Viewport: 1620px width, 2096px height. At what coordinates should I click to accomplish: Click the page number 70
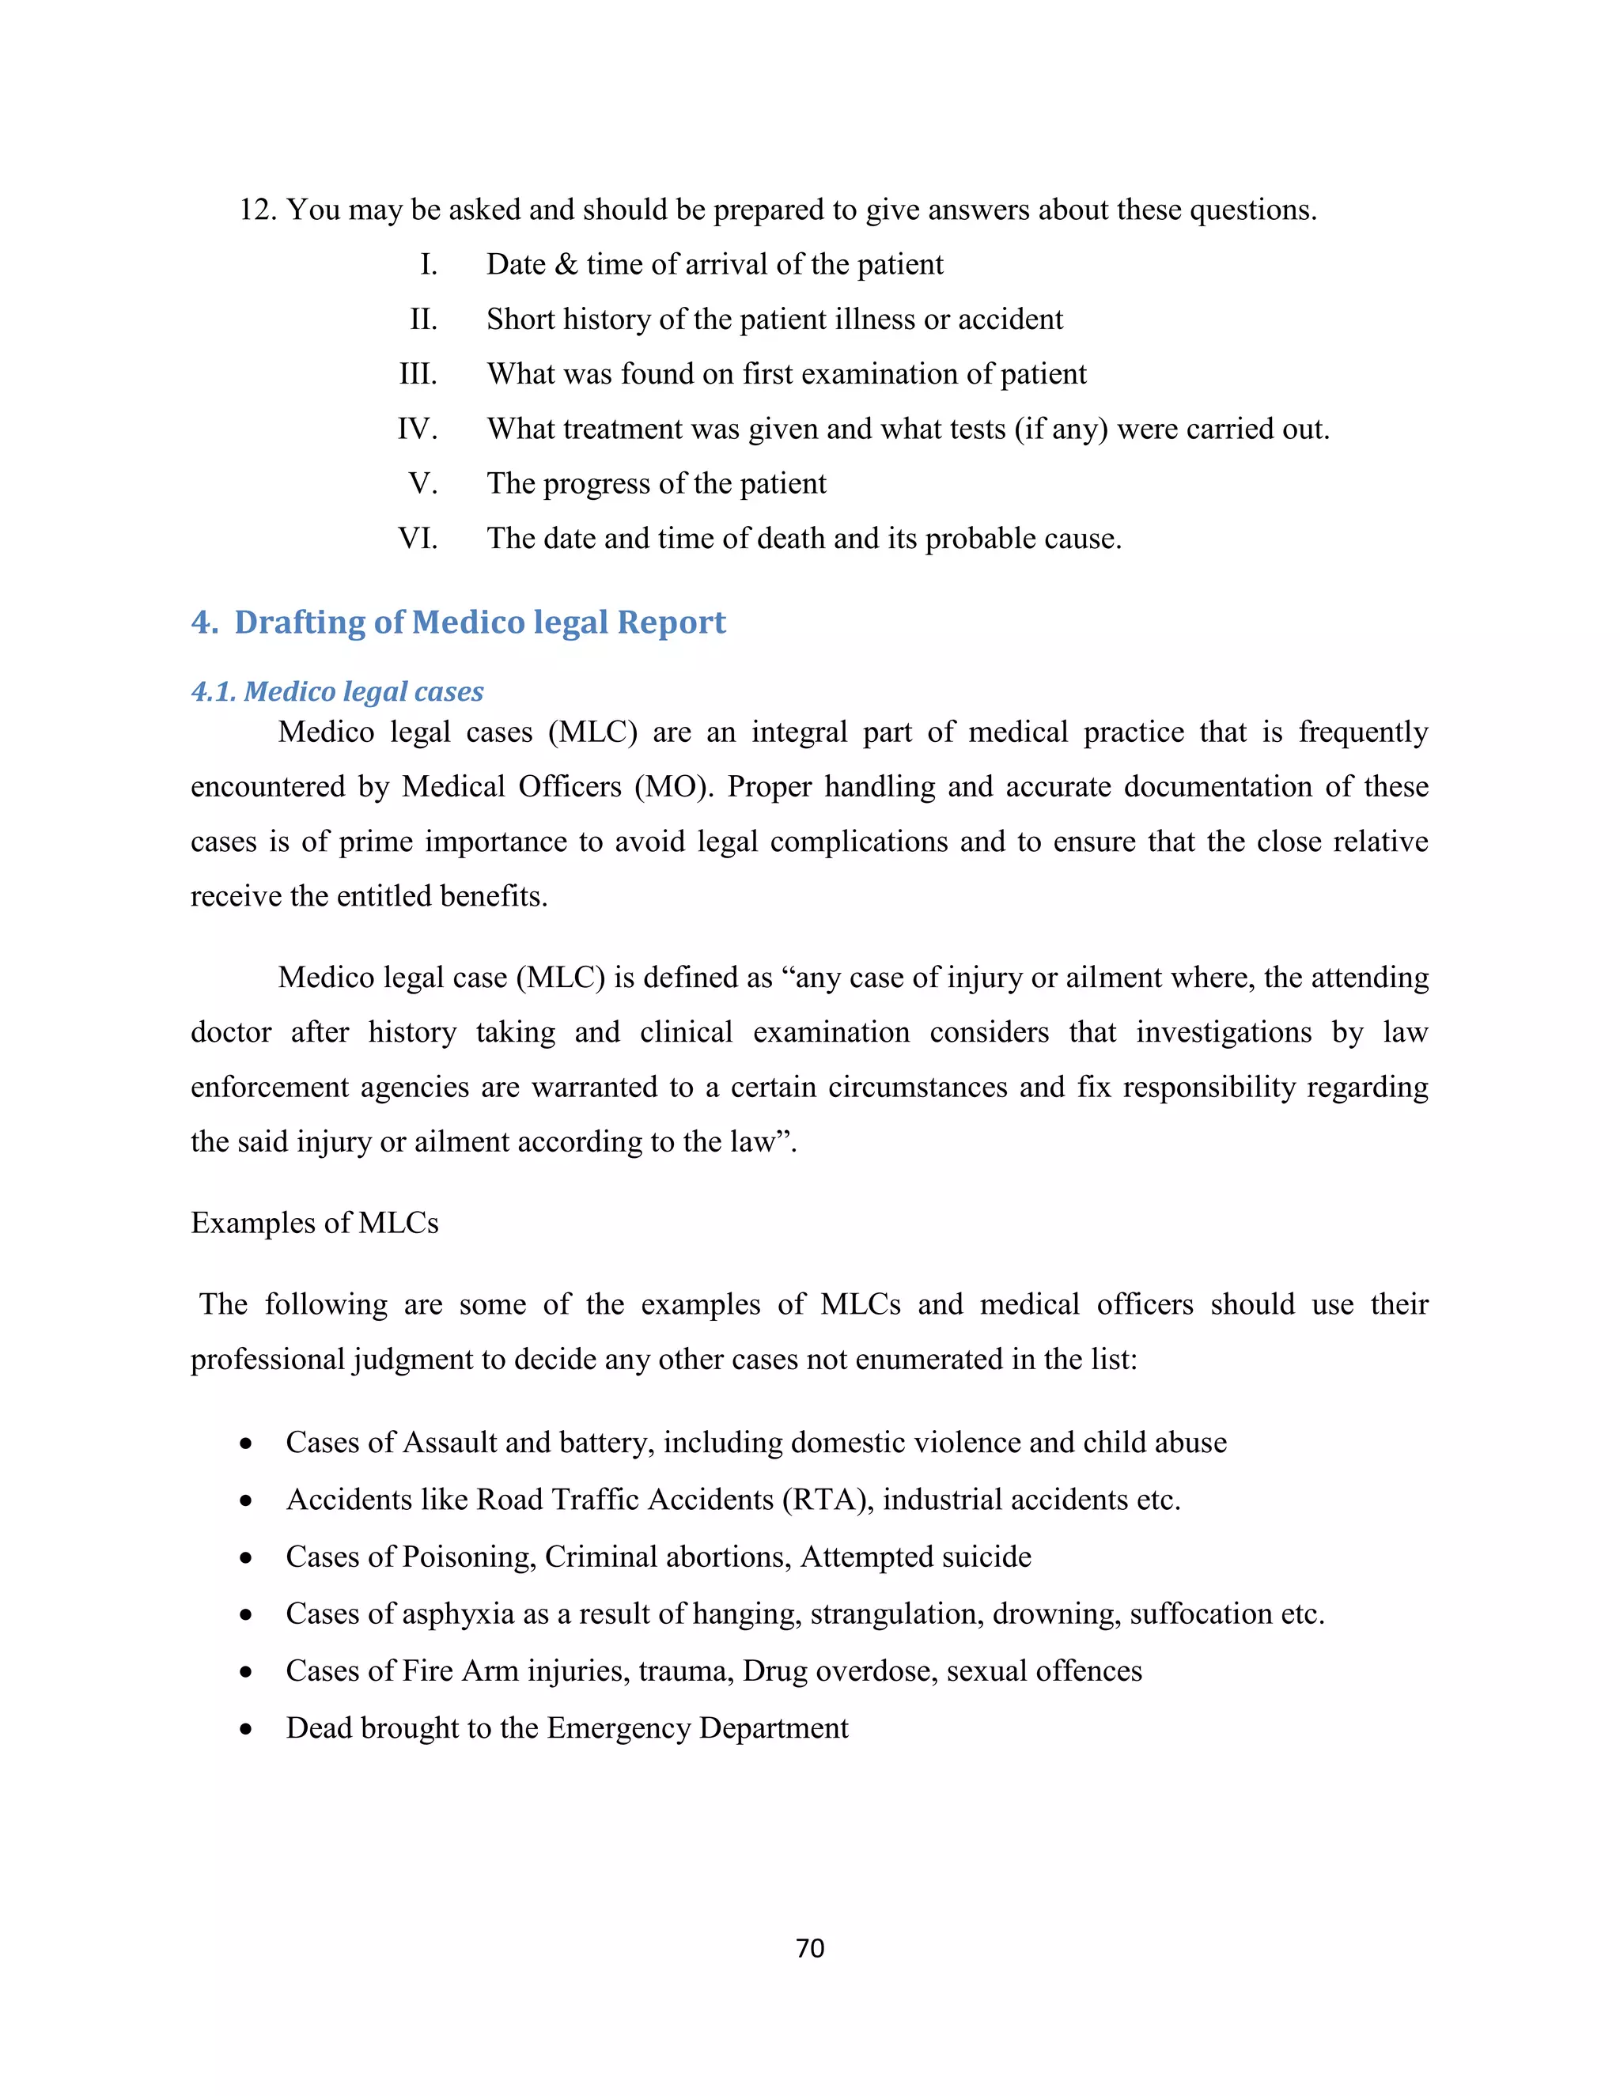[810, 1947]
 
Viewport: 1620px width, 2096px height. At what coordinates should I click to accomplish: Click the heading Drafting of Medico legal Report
[480, 622]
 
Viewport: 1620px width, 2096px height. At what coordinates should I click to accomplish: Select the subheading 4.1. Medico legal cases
[337, 691]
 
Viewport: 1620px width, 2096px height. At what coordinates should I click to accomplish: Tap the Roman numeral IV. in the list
[418, 428]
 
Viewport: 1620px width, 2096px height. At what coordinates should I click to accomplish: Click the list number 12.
[257, 210]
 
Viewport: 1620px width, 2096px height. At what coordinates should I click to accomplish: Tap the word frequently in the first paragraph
[1363, 732]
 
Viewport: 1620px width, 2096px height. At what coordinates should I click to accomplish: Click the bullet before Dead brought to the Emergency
[247, 1729]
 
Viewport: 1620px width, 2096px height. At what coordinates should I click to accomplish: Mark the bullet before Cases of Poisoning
[247, 1557]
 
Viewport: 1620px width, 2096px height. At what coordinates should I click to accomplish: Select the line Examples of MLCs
[314, 1223]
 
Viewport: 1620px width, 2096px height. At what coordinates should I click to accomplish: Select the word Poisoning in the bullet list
[468, 1557]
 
